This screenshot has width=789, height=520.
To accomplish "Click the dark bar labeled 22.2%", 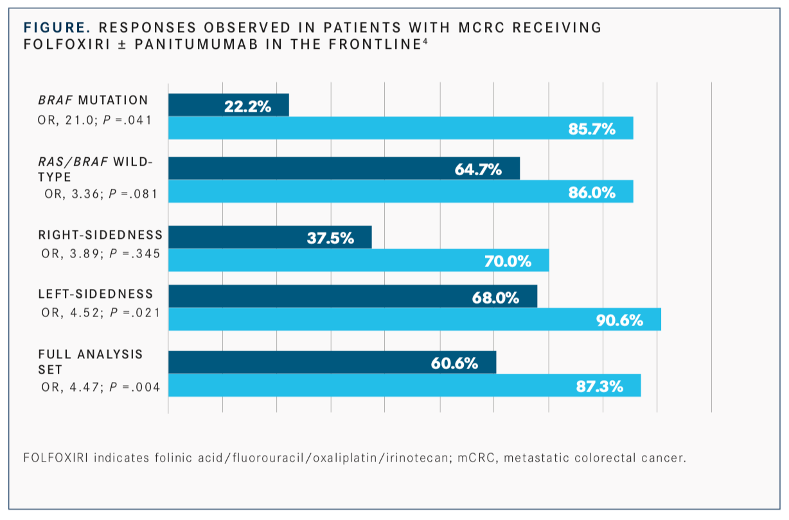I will click(228, 105).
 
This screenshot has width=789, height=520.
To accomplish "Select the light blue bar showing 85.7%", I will click(400, 128).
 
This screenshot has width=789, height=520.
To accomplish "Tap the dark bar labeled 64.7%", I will click(344, 168).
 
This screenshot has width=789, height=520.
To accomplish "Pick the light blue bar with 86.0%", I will click(400, 191).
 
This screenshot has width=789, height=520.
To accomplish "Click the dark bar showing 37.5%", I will click(270, 237).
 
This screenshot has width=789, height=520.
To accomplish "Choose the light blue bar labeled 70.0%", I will click(359, 260).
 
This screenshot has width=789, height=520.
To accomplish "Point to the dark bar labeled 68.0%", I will click(352, 297).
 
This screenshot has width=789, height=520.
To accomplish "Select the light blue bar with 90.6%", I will click(414, 319).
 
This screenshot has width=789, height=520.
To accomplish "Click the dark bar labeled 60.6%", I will click(332, 362).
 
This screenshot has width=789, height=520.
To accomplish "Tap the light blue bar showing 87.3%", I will click(404, 385).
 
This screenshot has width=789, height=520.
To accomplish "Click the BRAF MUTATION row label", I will click(93, 100).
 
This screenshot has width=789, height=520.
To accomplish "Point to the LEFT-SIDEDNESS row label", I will click(96, 294).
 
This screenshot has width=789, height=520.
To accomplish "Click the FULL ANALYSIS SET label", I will click(91, 362).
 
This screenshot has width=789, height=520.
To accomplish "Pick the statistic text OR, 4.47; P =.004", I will click(100, 386).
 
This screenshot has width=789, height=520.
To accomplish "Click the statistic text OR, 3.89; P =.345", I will click(100, 254).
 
